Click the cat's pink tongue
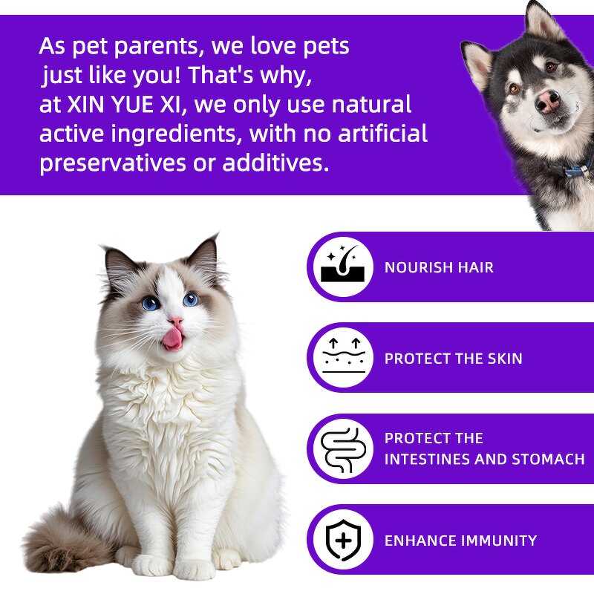click(172, 338)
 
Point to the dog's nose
click(547, 101)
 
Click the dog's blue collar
click(575, 169)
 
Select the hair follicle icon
click(342, 266)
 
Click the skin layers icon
click(342, 357)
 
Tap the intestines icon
click(342, 449)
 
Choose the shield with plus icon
click(342, 540)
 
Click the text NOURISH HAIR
click(439, 267)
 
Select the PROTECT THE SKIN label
click(453, 359)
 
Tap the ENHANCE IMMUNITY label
click(460, 541)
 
